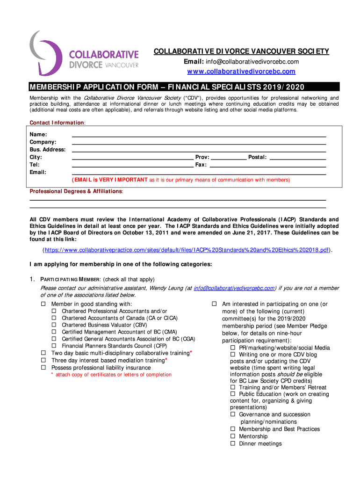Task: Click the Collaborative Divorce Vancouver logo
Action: (84, 53)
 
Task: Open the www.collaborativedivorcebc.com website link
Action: (241, 72)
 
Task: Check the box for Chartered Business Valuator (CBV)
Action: (54, 325)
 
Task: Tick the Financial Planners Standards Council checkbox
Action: (54, 346)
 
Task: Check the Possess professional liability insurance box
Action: (43, 368)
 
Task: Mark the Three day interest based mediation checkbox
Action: (43, 360)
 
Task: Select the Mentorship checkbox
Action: (233, 436)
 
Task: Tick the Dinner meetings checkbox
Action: (233, 443)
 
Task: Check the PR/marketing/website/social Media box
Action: (233, 348)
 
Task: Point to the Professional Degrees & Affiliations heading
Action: (76, 191)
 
